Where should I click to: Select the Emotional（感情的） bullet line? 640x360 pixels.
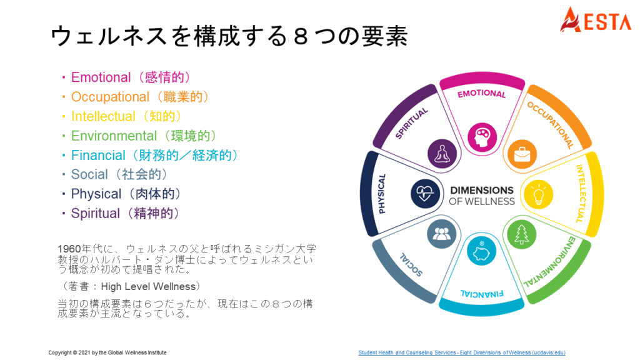129,77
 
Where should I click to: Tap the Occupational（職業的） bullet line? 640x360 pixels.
139,97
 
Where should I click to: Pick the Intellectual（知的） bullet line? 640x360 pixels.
125,116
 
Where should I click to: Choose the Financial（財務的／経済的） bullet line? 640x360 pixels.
153,155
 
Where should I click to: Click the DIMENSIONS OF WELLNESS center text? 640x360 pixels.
482,195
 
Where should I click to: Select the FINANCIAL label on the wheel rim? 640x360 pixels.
482,291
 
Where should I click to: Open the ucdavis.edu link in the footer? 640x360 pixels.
461,352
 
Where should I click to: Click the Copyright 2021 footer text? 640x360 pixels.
107,352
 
